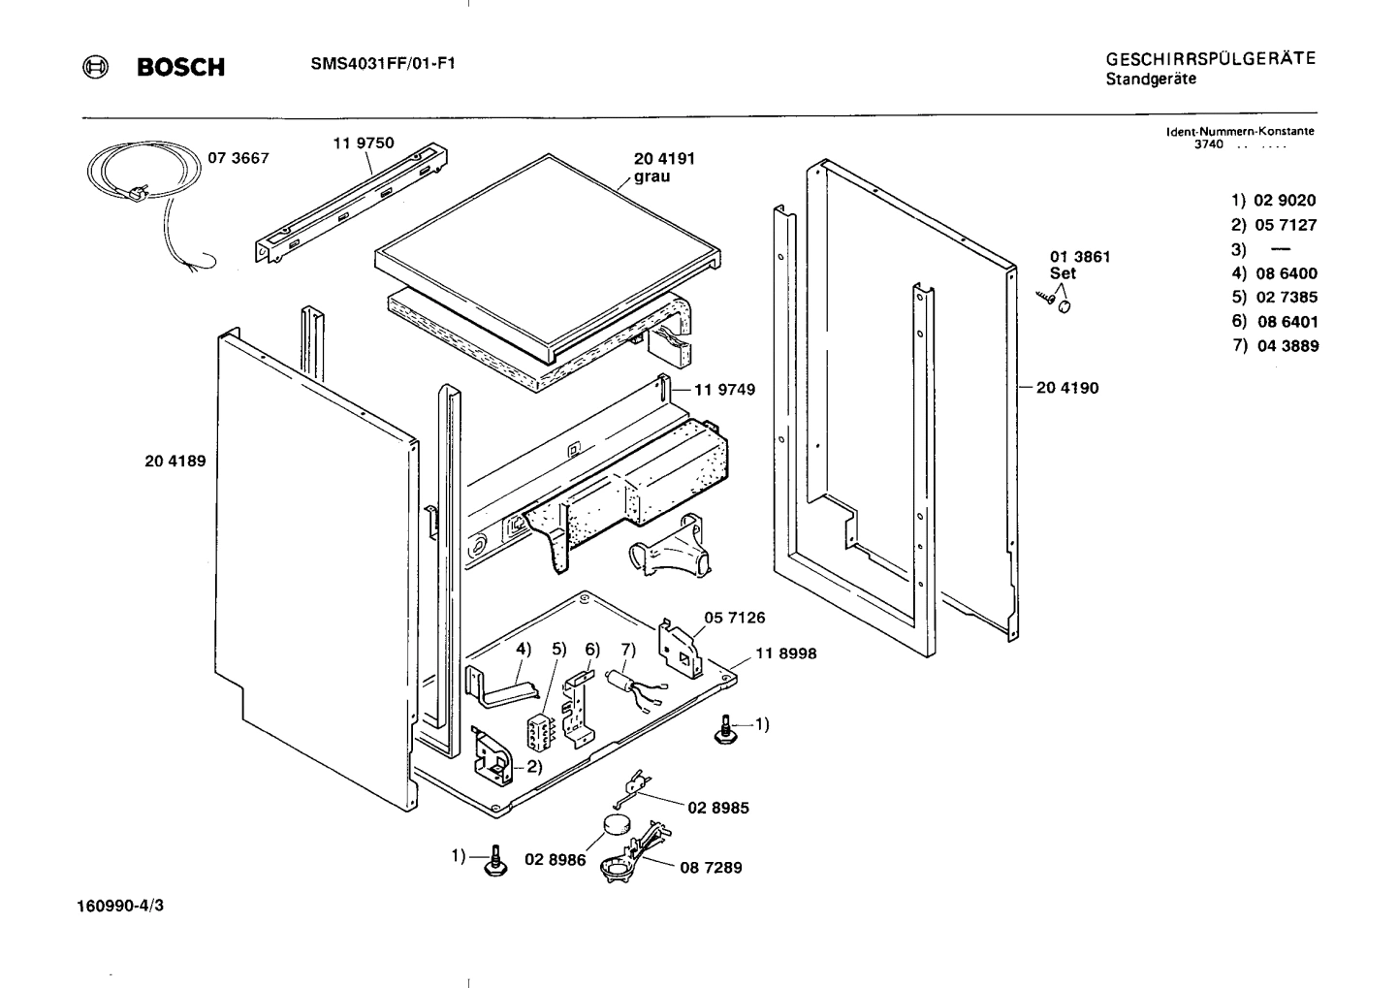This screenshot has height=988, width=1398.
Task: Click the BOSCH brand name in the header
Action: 179,67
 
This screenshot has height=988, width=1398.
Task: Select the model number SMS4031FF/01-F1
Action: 383,64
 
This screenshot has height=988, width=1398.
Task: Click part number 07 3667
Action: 238,158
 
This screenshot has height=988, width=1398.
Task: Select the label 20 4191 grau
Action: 664,167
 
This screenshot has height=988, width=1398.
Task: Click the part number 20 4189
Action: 175,462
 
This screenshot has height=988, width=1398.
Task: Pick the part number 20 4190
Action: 1067,388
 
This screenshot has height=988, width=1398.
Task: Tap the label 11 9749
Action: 723,390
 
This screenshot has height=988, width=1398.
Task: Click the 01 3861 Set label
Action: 1080,265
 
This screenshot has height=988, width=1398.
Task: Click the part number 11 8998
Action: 785,653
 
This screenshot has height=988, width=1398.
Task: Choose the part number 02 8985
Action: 717,808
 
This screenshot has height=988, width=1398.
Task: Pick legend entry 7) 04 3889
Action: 1275,346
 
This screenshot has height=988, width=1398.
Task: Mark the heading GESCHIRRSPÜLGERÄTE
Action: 1210,58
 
